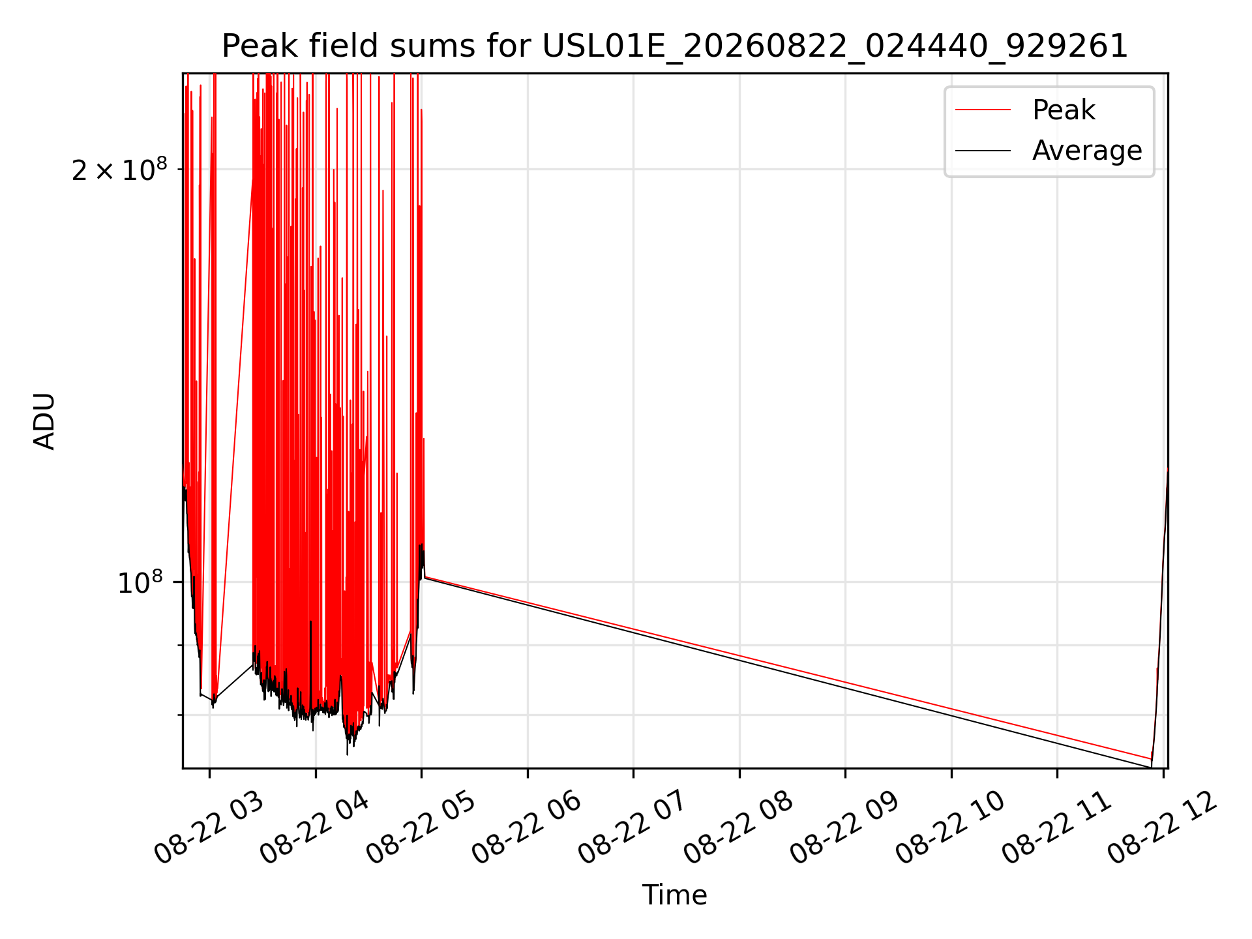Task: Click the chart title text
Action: click(x=675, y=46)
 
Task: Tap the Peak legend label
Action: click(x=1064, y=110)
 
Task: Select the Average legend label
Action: click(x=1087, y=151)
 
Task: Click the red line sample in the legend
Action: click(x=983, y=110)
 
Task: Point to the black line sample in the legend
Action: click(x=983, y=151)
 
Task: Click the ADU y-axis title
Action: click(x=44, y=421)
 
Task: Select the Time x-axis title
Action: click(x=675, y=895)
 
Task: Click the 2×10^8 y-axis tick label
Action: click(x=119, y=170)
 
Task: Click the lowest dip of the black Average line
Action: click(x=1151, y=768)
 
